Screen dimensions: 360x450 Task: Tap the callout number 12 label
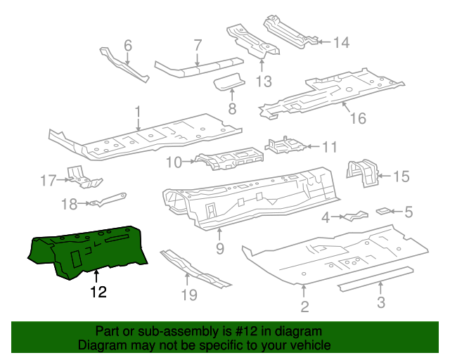tap(98, 292)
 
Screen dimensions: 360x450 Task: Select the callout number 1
tap(139, 111)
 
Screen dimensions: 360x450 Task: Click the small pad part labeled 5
tap(384, 210)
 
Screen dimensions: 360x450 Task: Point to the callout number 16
tap(358, 119)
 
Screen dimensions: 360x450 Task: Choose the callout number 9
tap(219, 248)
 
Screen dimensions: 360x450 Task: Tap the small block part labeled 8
tap(229, 84)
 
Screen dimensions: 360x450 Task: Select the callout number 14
tap(340, 43)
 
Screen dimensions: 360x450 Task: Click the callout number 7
tap(198, 47)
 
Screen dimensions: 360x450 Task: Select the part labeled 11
tap(285, 146)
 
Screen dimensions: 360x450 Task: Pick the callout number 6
tap(127, 46)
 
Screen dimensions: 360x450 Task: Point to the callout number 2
tap(304, 306)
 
